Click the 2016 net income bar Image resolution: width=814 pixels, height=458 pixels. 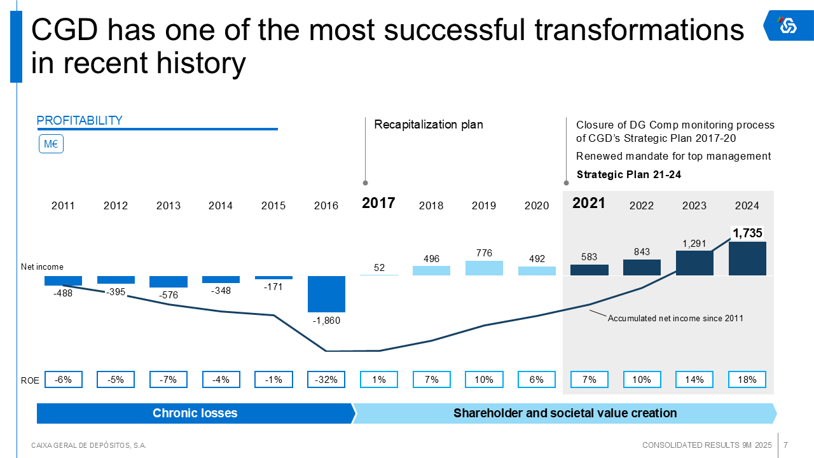pos(326,293)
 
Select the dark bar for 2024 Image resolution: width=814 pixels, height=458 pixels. pos(747,258)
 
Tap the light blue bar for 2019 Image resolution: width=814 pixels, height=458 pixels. pos(484,268)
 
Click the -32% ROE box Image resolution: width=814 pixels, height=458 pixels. pos(326,380)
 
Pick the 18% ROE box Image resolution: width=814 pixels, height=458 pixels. pos(747,380)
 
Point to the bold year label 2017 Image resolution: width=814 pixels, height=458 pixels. pos(378,204)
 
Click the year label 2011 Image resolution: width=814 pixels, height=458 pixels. pos(63,205)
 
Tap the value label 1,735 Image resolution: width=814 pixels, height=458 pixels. pos(747,233)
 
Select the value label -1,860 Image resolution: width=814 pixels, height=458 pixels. pos(326,321)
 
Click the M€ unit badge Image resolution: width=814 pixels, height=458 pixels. pos(52,144)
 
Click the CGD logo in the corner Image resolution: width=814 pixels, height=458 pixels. pos(788,25)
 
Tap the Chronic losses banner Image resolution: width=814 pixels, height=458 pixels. pos(195,413)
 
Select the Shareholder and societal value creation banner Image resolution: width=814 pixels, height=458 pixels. pos(565,413)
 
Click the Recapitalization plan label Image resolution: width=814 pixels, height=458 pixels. pos(429,125)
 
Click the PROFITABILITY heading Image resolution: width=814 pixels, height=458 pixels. pos(79,121)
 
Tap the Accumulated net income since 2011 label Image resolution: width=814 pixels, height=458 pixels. pos(675,318)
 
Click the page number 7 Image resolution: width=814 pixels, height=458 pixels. pos(786,445)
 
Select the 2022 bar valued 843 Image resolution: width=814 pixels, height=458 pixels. pos(642,267)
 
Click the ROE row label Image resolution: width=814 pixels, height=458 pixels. pos(30,380)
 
